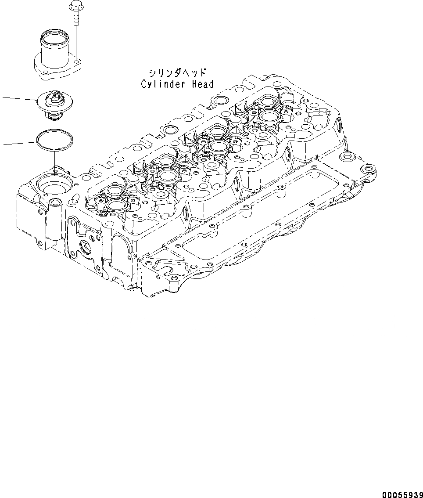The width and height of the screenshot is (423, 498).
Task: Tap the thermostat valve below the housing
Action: click(x=54, y=105)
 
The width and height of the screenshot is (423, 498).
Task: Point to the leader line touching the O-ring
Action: click(x=18, y=144)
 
